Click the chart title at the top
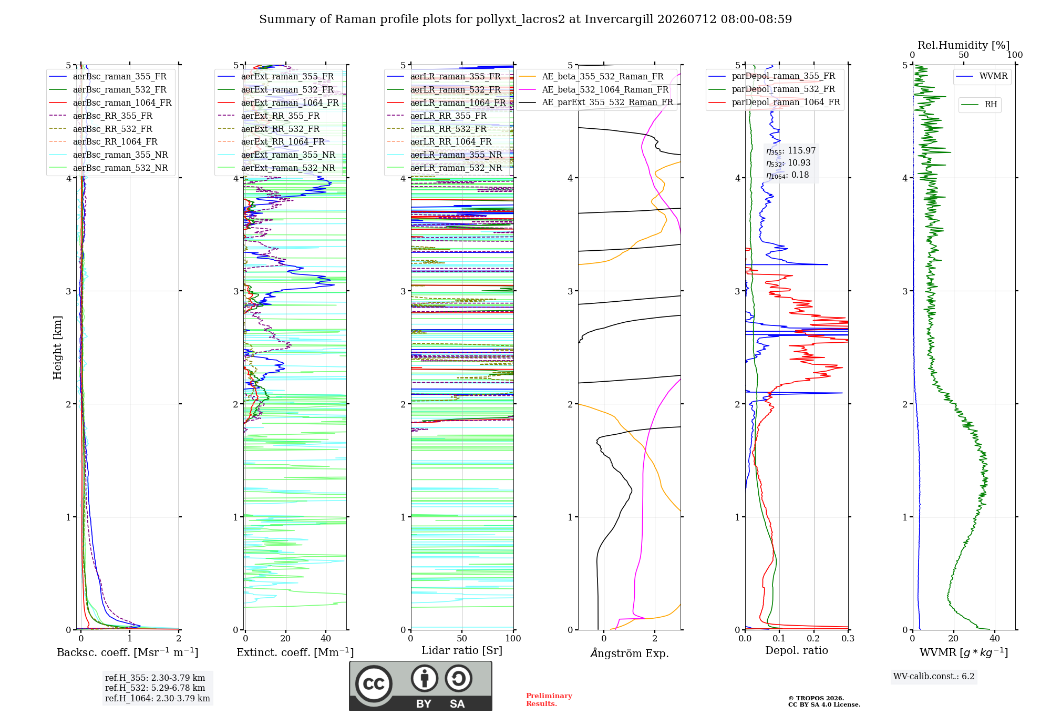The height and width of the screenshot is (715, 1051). pos(525,19)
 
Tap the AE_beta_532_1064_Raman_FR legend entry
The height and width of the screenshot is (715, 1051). pos(593,90)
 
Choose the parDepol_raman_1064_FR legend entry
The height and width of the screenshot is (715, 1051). pos(774,102)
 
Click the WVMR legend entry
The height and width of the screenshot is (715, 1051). pos(982,76)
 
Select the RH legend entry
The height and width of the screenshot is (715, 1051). pos(980,105)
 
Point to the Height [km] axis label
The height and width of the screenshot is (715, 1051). pos(57,348)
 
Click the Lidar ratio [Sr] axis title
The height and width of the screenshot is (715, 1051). pos(462,651)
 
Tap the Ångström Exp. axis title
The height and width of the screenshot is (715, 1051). pos(630,653)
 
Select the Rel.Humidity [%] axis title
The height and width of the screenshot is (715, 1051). pos(964,45)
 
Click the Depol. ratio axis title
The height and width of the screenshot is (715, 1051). pos(797,651)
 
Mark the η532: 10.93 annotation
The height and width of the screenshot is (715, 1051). pos(788,163)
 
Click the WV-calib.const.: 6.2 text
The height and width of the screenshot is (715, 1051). pos(934,677)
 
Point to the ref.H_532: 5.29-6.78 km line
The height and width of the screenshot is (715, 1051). pos(155,688)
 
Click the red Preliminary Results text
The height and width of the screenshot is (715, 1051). pos(549,700)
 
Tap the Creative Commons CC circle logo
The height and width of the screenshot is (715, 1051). pos(374,684)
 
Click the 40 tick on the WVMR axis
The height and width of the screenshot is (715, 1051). pos(995,638)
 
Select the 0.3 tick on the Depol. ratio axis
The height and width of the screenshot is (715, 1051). pos(848,638)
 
